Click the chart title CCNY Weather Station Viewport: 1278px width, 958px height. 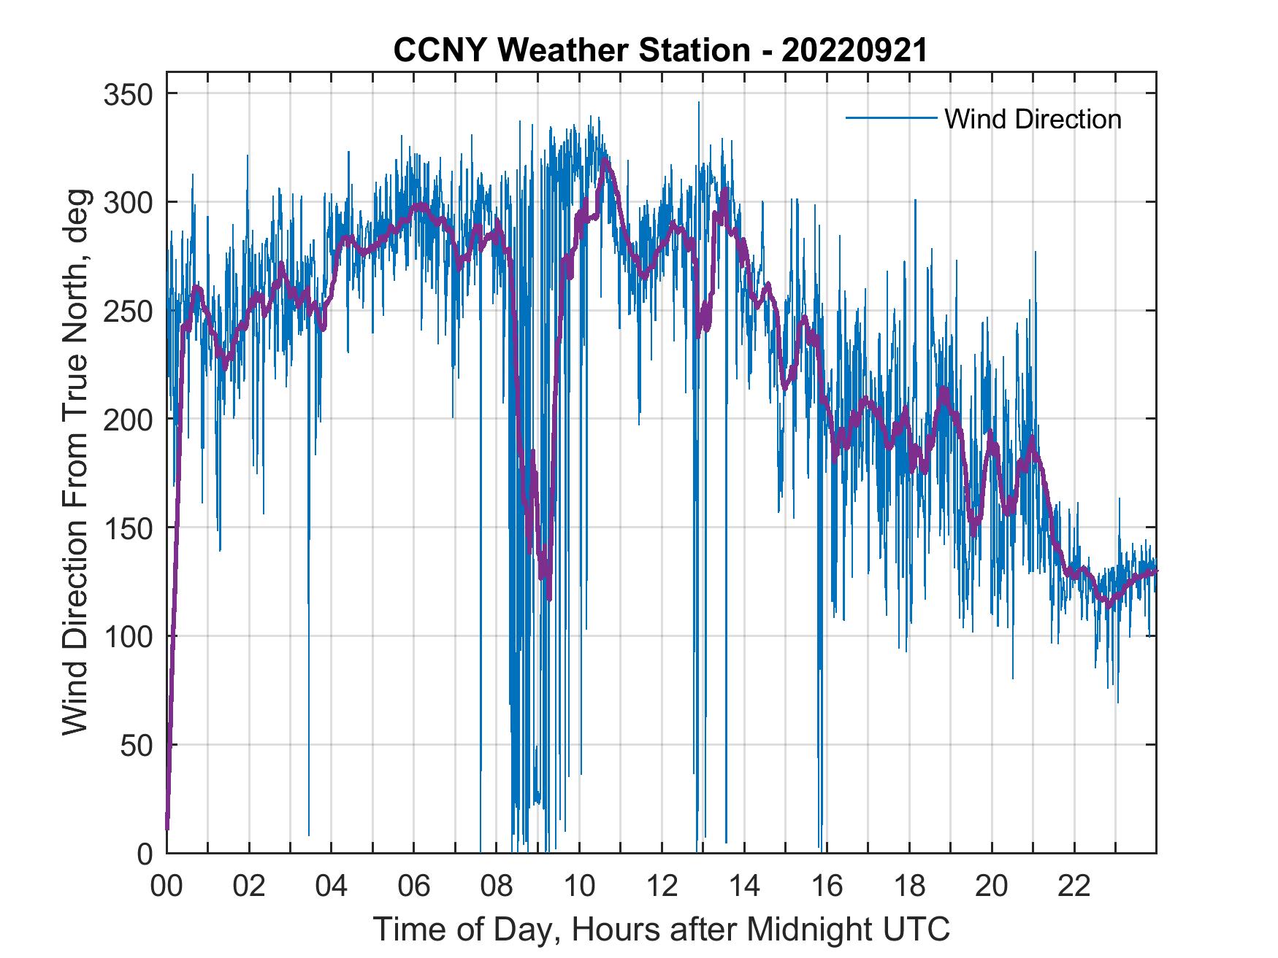click(x=660, y=50)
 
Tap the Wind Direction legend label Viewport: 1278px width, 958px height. click(x=1033, y=119)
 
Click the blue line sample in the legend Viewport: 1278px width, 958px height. click(x=891, y=117)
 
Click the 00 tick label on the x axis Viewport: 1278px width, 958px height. click(x=167, y=886)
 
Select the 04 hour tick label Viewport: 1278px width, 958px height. click(x=332, y=886)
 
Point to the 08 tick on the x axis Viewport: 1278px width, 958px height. click(x=497, y=886)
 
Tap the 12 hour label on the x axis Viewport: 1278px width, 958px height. click(x=662, y=886)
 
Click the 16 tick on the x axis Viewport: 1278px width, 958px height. click(x=827, y=886)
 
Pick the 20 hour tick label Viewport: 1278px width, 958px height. click(x=992, y=886)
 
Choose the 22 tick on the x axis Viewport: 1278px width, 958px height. click(x=1074, y=886)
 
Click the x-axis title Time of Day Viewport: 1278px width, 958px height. click(x=662, y=930)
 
